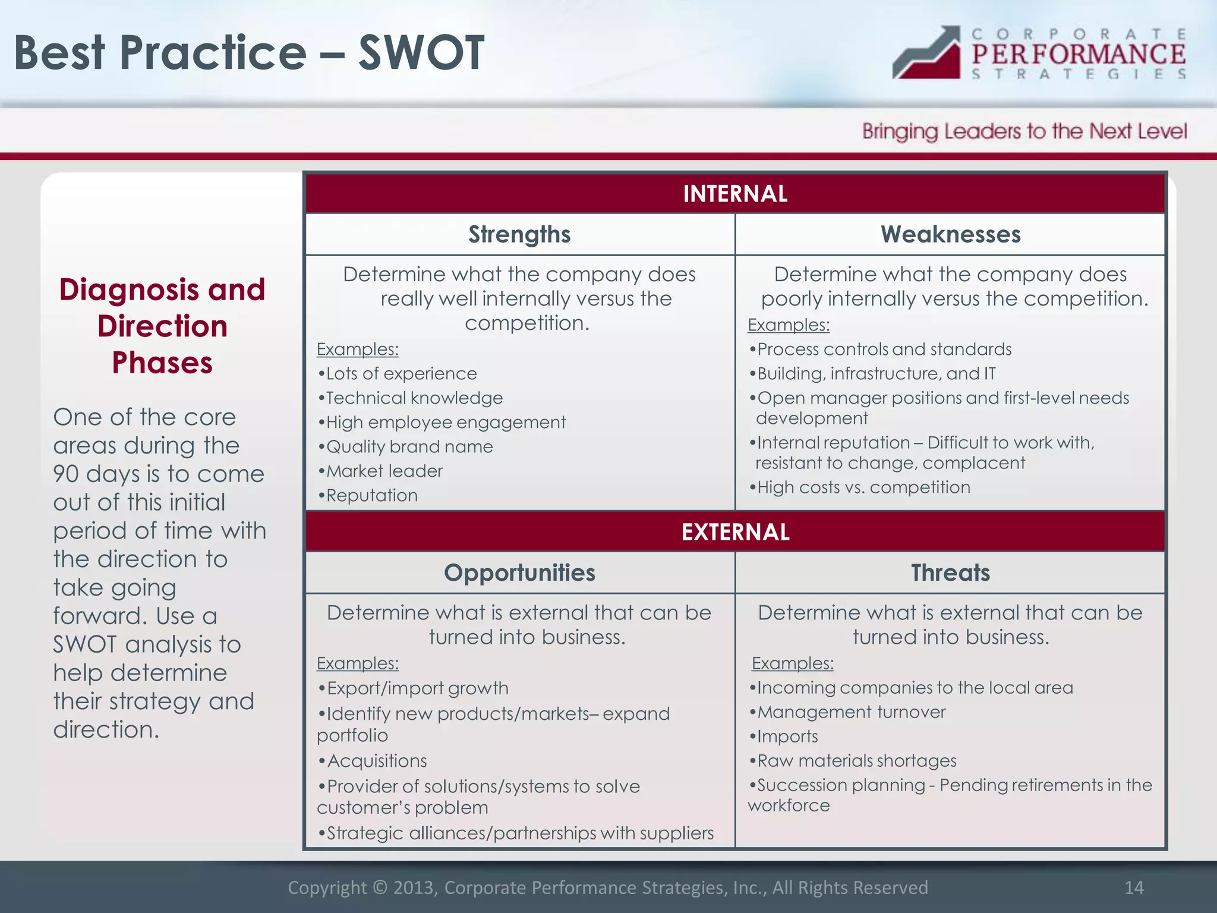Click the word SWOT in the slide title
click(421, 53)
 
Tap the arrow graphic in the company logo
click(927, 53)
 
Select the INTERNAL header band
click(735, 194)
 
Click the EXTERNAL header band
click(735, 532)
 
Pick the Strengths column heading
click(519, 235)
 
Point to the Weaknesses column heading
click(950, 235)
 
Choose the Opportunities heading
click(519, 573)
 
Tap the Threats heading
click(950, 573)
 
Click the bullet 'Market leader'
click(384, 471)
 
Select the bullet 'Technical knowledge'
click(414, 398)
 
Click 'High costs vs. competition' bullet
click(863, 487)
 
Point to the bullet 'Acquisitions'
click(377, 761)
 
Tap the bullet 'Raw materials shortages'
click(856, 761)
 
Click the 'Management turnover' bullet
click(851, 712)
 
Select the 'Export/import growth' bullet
click(417, 688)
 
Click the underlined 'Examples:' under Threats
click(792, 663)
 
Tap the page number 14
click(1134, 887)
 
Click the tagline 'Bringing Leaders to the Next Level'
click(1024, 131)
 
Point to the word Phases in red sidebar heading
click(162, 363)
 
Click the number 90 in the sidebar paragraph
click(65, 474)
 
